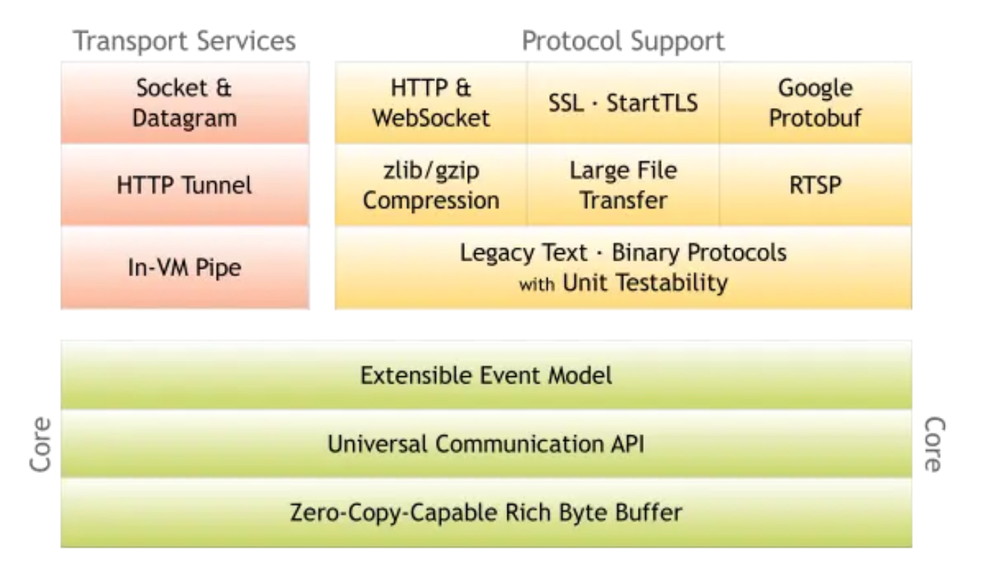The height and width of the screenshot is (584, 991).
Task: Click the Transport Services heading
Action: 185,41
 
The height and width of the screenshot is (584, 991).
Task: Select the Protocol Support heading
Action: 623,41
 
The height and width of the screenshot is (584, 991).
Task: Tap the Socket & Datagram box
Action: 185,103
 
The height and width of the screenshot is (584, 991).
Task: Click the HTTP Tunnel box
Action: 185,185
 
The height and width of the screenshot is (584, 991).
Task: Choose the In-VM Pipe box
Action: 185,267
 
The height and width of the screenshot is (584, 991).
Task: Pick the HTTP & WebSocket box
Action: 431,103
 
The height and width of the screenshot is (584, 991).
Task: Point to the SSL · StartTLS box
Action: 623,103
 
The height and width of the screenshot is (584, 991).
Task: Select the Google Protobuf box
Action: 815,103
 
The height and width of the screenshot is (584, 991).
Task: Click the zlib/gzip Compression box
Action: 431,185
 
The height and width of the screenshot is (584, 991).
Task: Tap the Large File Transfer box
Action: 623,185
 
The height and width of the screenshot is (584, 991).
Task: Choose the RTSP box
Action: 815,185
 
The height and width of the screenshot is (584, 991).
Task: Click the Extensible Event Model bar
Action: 486,375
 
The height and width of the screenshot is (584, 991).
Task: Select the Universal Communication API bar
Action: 486,444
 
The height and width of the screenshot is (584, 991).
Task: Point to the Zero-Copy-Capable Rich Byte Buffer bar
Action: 486,512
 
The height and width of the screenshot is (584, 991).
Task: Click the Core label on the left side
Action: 40,444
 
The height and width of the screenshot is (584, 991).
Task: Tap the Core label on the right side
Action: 934,444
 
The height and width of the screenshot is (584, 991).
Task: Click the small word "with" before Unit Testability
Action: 536,285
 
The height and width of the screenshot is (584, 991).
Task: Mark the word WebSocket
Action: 431,118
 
